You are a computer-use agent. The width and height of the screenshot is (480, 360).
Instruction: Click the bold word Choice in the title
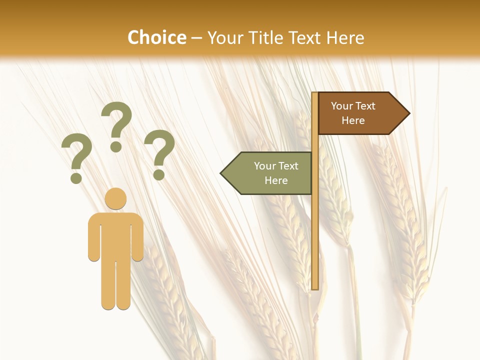[156, 37]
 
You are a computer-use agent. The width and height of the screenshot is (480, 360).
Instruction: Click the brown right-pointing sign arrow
[360, 113]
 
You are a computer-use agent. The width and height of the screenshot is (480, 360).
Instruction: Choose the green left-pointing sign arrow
[270, 173]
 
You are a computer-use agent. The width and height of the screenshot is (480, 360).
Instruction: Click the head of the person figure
[115, 198]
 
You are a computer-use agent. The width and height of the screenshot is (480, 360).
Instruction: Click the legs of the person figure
[115, 285]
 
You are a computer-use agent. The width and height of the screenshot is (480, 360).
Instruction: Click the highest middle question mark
[116, 122]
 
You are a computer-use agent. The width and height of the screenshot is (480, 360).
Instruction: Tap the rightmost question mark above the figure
[159, 150]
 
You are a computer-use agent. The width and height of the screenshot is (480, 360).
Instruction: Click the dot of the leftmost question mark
[76, 177]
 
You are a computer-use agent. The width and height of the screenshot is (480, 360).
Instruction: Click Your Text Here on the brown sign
[353, 113]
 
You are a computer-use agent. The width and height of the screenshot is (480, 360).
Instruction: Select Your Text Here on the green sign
[276, 173]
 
